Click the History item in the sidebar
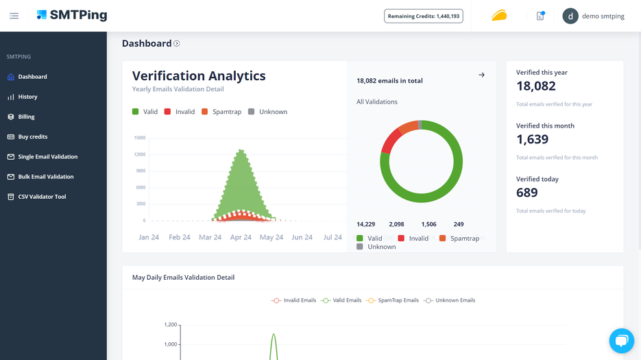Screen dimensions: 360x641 [27, 97]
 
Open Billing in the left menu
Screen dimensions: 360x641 [26, 117]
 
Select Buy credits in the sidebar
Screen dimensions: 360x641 [32, 136]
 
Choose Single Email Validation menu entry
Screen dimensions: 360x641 [47, 156]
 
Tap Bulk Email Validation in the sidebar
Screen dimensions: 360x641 [46, 176]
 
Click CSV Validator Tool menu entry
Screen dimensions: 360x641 [42, 197]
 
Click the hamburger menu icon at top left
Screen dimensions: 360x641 [14, 16]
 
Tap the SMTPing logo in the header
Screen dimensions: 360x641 [72, 15]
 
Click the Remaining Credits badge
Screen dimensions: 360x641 [424, 16]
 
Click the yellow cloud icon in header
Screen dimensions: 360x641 [499, 16]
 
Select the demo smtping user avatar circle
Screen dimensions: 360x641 [570, 16]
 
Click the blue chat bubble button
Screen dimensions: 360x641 [621, 341]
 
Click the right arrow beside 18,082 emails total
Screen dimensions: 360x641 [481, 75]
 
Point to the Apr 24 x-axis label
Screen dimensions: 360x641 [241, 237]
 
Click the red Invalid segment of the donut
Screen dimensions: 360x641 [390, 142]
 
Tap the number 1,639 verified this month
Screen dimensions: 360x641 [531, 139]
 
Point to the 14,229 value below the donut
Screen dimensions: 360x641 [366, 224]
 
